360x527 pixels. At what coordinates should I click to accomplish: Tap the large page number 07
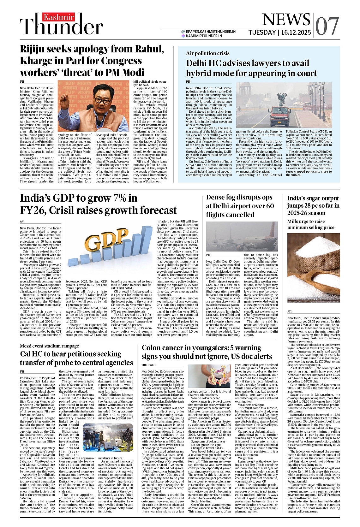(327, 27)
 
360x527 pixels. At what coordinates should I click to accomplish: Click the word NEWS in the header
(286, 20)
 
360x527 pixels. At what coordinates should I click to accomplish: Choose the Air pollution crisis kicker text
(207, 53)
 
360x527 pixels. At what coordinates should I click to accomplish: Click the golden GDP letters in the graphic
(104, 240)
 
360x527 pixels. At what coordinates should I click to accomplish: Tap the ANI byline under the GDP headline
(22, 222)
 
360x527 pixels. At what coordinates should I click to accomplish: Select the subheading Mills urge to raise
(306, 222)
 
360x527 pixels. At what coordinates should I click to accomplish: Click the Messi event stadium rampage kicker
(49, 346)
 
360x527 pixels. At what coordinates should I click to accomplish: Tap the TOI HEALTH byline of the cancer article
(149, 365)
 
